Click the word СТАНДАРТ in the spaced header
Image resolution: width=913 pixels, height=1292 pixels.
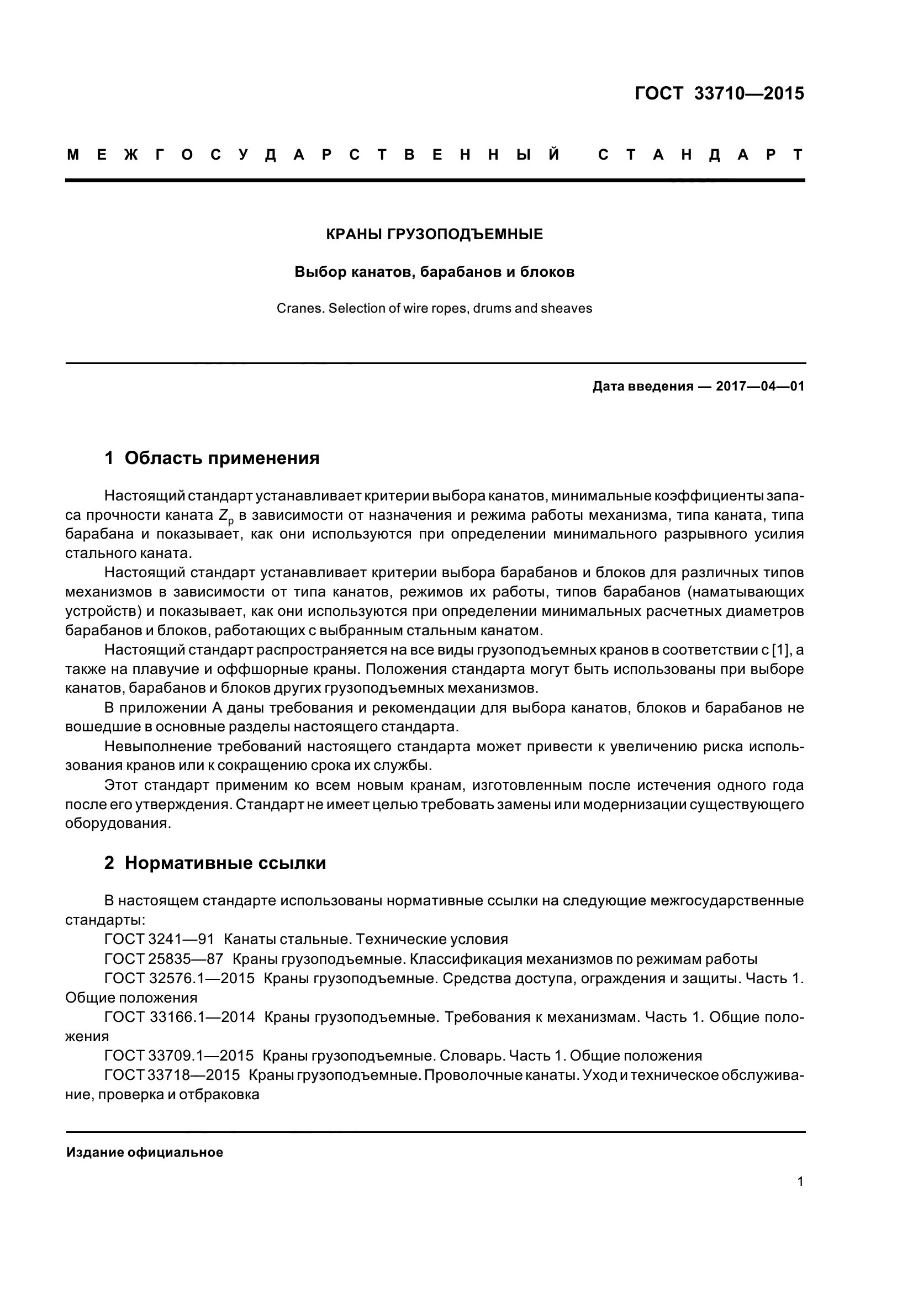pyautogui.click(x=700, y=155)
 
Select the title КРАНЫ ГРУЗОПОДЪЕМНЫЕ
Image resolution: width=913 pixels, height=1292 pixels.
pyautogui.click(x=434, y=235)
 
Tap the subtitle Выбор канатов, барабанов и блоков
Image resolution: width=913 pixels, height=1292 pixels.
pyautogui.click(x=434, y=272)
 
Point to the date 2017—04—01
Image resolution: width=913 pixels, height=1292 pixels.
pyautogui.click(x=760, y=387)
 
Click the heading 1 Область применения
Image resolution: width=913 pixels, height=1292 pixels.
pyautogui.click(x=212, y=458)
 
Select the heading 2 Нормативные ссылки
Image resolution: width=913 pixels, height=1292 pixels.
pyautogui.click(x=215, y=863)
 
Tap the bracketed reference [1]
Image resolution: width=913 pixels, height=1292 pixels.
pyautogui.click(x=781, y=650)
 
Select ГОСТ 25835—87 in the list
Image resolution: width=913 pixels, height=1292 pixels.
pyautogui.click(x=163, y=958)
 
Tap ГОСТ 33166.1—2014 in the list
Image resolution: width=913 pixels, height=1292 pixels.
pyautogui.click(x=180, y=1017)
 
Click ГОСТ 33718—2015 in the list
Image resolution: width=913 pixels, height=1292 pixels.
pyautogui.click(x=172, y=1075)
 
